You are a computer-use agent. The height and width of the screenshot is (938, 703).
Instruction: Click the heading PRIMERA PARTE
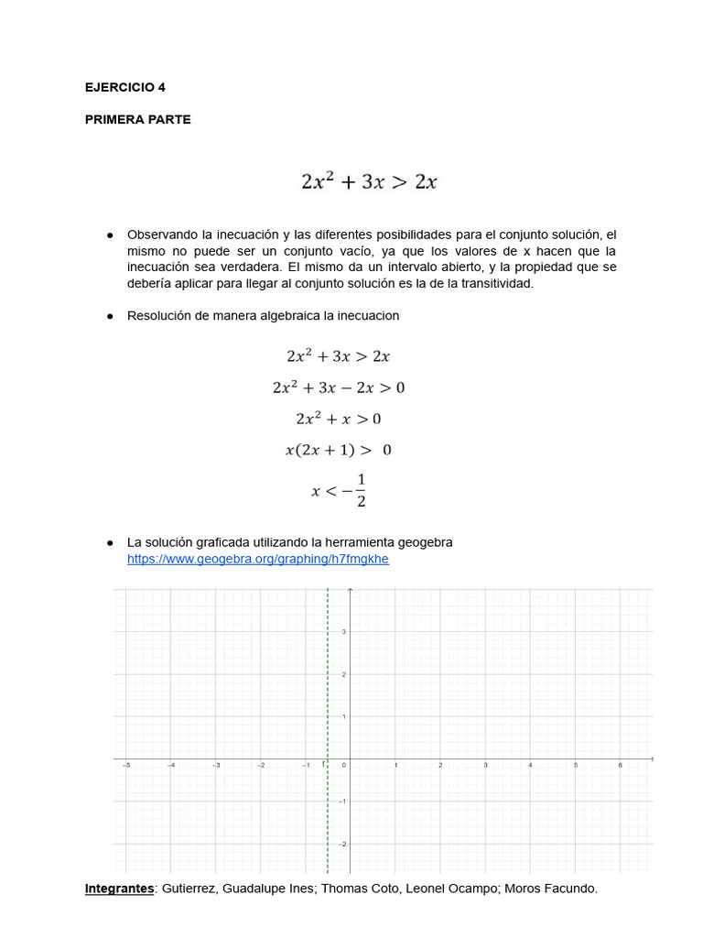pyautogui.click(x=137, y=119)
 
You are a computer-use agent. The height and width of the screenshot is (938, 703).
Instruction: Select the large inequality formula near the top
pyautogui.click(x=369, y=181)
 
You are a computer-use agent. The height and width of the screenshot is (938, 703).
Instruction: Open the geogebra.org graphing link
pyautogui.click(x=257, y=559)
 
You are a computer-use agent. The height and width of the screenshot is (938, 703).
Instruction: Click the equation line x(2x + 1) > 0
pyautogui.click(x=338, y=450)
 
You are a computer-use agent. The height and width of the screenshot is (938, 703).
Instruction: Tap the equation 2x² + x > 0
pyautogui.click(x=338, y=419)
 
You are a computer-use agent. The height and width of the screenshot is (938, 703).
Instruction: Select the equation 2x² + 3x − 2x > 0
pyautogui.click(x=338, y=387)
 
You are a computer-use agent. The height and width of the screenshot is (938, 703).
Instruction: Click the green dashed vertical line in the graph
pyautogui.click(x=328, y=696)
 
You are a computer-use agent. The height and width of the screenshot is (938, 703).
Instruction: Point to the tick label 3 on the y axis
pyautogui.click(x=344, y=632)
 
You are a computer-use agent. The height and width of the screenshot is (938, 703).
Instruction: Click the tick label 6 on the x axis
pyautogui.click(x=620, y=765)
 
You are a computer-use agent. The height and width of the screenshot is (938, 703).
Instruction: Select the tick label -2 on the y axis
pyautogui.click(x=342, y=844)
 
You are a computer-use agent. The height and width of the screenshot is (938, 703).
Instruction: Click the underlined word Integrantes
pyautogui.click(x=119, y=889)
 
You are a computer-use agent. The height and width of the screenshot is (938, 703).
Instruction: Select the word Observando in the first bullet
pyautogui.click(x=161, y=234)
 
